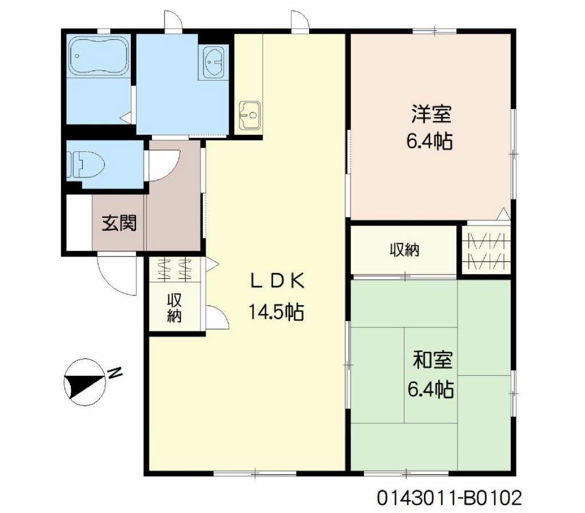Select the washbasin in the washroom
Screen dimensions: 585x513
coord(214,62)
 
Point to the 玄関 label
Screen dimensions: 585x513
coord(119,223)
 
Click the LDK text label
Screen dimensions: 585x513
coord(278,281)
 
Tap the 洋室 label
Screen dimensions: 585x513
coord(431,114)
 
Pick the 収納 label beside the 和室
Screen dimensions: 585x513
coord(405,250)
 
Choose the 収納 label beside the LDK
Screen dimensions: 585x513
coord(174,308)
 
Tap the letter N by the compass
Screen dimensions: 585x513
coord(115,372)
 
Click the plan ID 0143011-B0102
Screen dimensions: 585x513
coord(449,498)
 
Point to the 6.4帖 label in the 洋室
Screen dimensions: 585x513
coord(429,142)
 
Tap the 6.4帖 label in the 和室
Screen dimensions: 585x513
coord(430,389)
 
